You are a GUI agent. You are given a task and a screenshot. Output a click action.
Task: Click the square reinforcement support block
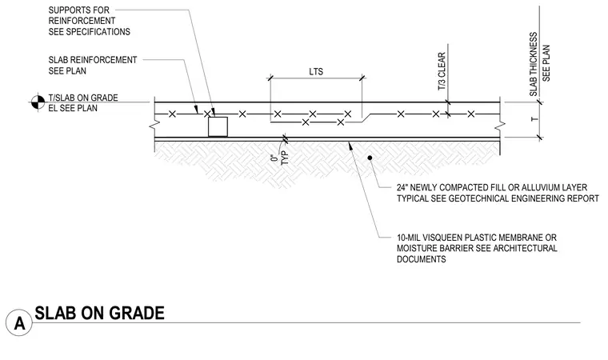coord(218,126)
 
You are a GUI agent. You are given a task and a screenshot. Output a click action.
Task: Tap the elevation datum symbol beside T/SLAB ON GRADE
coord(38,102)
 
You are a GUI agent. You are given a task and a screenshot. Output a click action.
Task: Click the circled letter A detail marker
coord(19,322)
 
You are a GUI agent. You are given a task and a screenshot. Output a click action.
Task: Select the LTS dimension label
coord(316,72)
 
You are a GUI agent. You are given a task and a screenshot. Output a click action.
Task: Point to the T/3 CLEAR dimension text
coord(442,72)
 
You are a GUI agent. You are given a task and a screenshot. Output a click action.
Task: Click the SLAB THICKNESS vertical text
coord(534,64)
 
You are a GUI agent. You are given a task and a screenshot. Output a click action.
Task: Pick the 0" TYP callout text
coord(280,158)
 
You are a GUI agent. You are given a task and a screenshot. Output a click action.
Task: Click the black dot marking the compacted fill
coord(370,158)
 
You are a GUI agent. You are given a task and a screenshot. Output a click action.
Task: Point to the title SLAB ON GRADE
coord(100,314)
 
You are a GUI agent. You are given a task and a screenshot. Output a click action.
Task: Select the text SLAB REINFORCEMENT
coord(93,60)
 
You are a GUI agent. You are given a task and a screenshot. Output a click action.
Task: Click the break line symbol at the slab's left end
coord(154,126)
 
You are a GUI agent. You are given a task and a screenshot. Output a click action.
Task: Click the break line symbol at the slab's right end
coord(500,126)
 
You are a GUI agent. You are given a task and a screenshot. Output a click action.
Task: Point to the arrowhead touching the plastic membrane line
coord(350,145)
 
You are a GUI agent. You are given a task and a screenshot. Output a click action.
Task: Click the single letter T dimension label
coord(534,118)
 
